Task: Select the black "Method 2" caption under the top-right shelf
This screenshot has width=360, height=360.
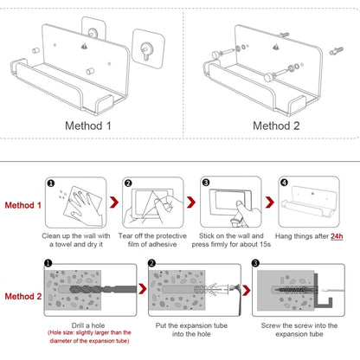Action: click(x=275, y=125)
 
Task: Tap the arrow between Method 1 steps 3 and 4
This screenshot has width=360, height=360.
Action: click(x=265, y=204)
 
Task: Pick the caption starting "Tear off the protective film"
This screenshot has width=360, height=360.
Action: click(x=157, y=240)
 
